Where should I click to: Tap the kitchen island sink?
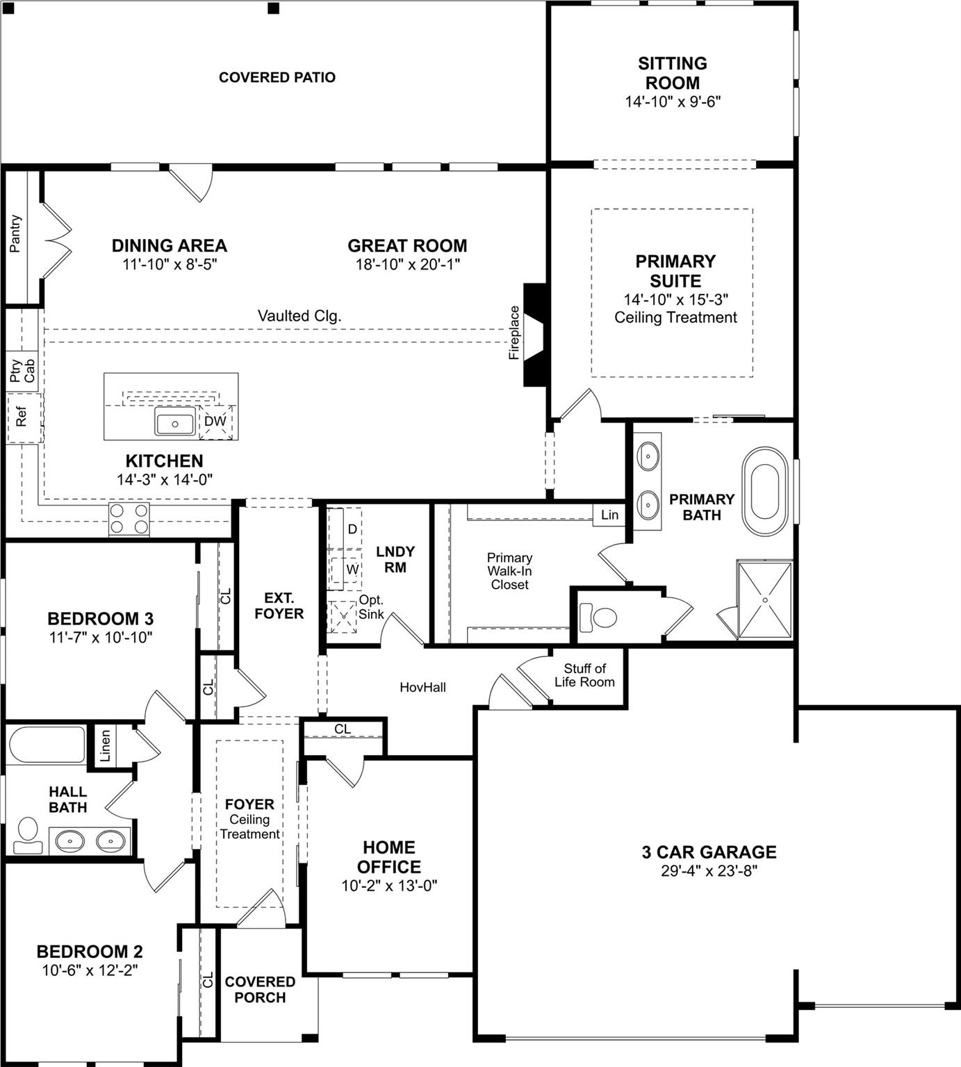[174, 422]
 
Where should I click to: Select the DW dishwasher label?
[215, 421]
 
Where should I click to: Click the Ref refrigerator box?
[22, 417]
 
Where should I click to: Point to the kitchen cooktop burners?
[129, 518]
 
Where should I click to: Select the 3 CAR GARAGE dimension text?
[709, 871]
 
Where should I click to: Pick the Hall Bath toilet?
[28, 834]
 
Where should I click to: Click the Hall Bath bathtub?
[47, 745]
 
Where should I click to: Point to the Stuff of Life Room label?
[584, 675]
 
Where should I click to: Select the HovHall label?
[422, 687]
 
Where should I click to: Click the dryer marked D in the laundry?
[352, 529]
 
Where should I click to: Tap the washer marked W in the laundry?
[352, 569]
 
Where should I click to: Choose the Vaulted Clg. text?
[299, 315]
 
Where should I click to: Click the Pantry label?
[15, 233]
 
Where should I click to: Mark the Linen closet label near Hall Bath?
[105, 746]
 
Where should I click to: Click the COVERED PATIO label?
[277, 77]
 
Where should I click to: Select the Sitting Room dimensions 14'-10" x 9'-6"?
[672, 101]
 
